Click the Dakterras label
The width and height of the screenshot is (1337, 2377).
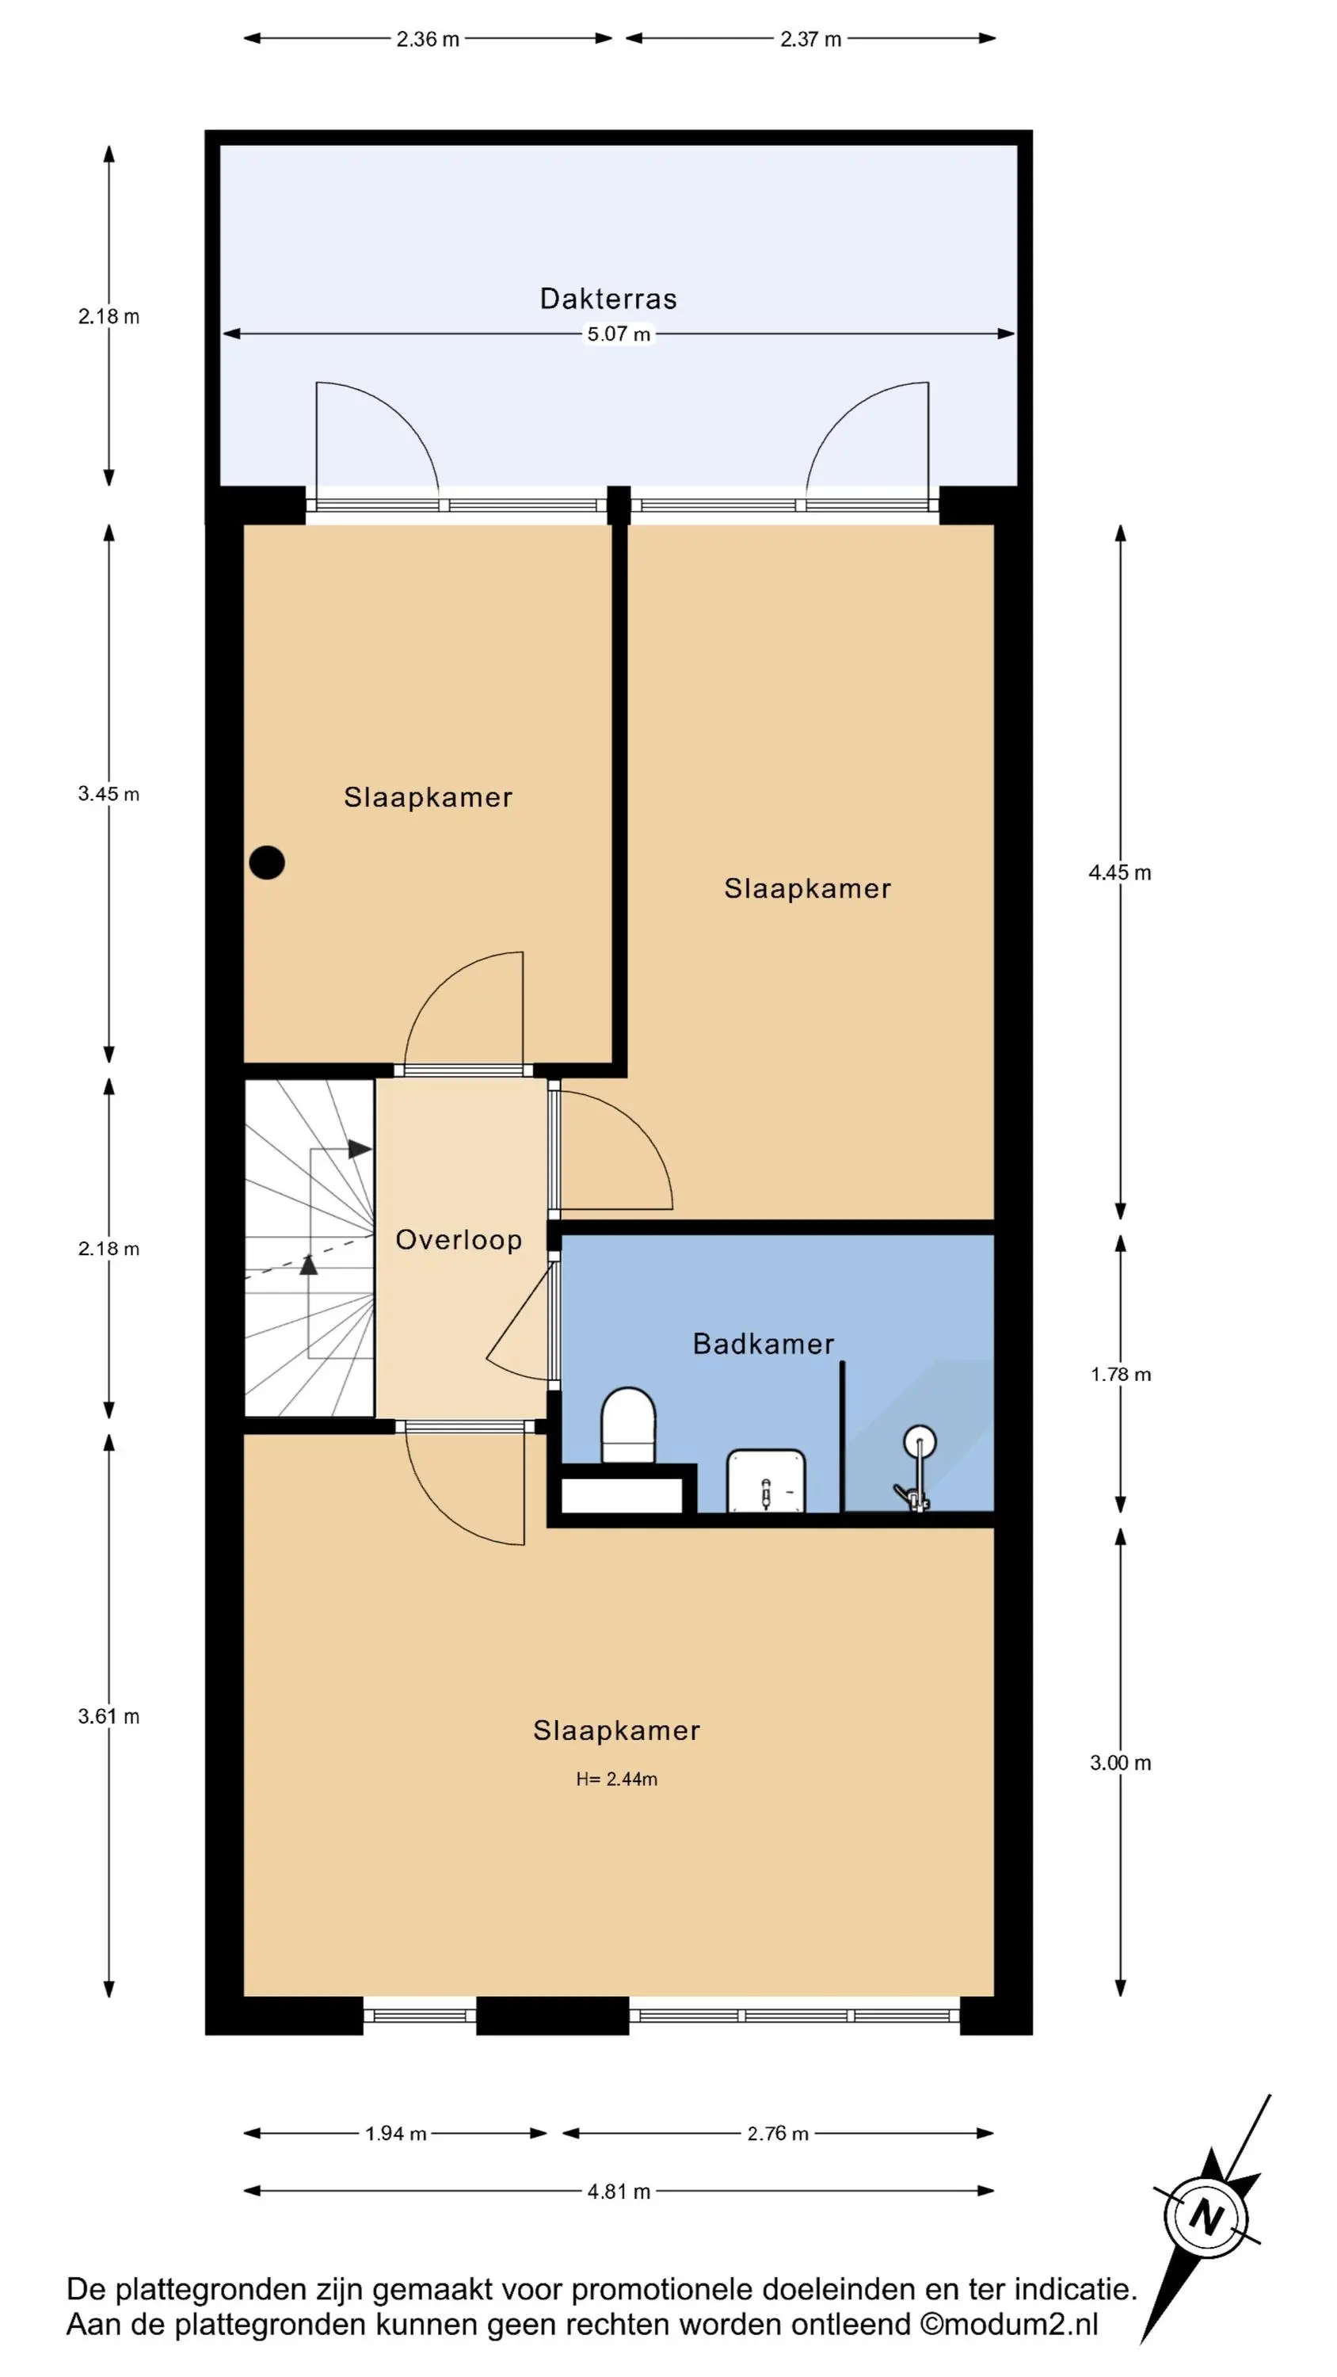click(x=608, y=298)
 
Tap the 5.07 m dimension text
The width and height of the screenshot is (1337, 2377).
click(x=619, y=334)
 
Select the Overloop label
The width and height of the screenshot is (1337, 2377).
click(x=459, y=1239)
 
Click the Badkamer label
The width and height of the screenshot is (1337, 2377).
click(x=763, y=1344)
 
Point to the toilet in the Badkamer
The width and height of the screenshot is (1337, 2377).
click(x=628, y=1425)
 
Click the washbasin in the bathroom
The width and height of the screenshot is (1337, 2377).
click(x=766, y=1481)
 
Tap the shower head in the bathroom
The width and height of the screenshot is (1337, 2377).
click(x=919, y=1440)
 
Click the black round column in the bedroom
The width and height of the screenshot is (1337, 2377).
click(x=267, y=863)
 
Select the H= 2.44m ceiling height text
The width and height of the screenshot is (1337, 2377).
click(x=616, y=1779)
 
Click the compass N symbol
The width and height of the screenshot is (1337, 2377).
click(x=1205, y=2218)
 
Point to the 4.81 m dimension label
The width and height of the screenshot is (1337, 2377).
click(x=619, y=2192)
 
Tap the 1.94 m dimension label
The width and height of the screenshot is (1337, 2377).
click(x=396, y=2134)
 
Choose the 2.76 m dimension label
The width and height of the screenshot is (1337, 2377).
click(x=778, y=2134)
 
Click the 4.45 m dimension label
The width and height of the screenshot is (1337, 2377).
click(x=1120, y=873)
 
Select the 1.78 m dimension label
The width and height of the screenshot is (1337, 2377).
click(x=1120, y=1375)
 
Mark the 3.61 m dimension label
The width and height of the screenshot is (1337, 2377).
click(x=109, y=1716)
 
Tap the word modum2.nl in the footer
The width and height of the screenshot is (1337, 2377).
click(x=1020, y=2325)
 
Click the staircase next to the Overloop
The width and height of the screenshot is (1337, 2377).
click(x=309, y=1249)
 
